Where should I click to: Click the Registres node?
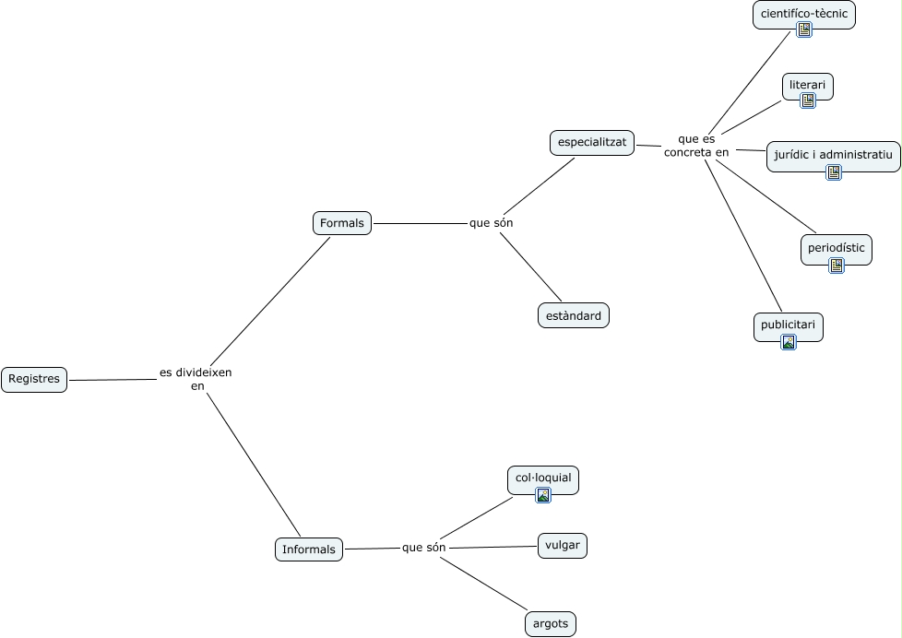[34, 379]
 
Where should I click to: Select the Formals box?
[342, 223]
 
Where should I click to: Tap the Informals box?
[309, 549]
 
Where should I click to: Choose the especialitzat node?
[592, 143]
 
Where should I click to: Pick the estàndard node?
[574, 316]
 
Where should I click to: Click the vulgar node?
[563, 545]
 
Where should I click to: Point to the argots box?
[552, 624]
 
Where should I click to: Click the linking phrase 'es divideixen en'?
[196, 379]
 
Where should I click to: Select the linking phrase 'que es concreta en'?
[696, 146]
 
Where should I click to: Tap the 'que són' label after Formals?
[491, 223]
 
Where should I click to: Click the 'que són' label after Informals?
[424, 548]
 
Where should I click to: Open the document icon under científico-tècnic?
[804, 30]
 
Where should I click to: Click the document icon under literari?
[808, 100]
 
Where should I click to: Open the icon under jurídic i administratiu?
[834, 171]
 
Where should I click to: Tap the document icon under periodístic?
[837, 265]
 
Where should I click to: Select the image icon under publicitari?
[789, 342]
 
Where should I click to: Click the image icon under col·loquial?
[543, 495]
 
